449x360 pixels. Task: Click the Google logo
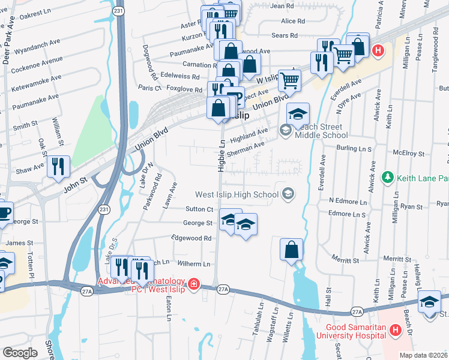20,353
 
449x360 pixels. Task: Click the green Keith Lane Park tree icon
388,178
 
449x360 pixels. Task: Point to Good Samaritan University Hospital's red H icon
395,330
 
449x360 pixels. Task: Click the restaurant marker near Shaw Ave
58,166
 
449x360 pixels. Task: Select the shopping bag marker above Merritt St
291,249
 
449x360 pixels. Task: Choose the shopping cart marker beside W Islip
289,79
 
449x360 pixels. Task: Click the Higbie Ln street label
221,157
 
